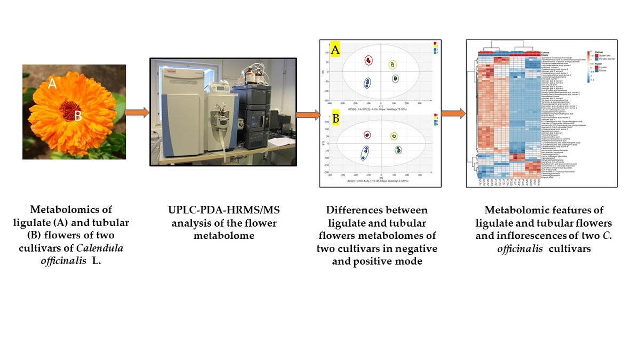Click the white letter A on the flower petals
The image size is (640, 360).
52,83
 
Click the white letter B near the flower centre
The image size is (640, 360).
78,116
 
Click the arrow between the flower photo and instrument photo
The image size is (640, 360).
137,113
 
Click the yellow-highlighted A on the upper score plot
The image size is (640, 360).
336,51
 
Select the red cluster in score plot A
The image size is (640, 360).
368,60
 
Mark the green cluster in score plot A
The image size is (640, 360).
396,78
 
